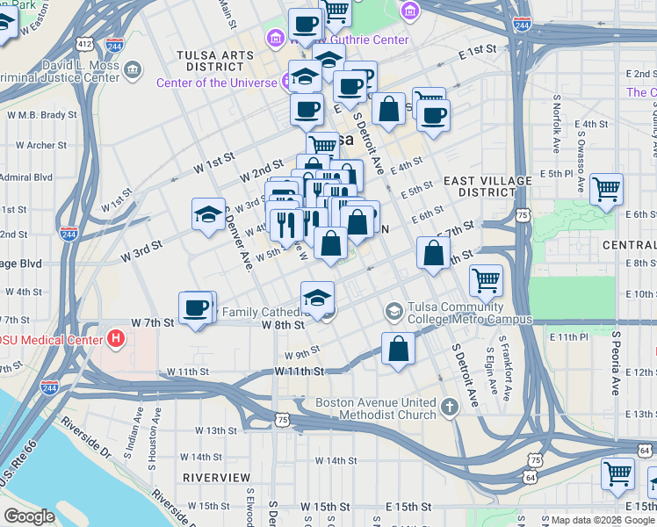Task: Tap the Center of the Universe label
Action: (x=217, y=83)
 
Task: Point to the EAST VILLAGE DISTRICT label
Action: (x=487, y=186)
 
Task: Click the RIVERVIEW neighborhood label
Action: (x=216, y=477)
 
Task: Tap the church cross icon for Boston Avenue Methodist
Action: (x=450, y=406)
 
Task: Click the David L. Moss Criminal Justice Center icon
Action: (x=133, y=69)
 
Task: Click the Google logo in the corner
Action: (x=29, y=516)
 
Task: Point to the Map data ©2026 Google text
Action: (x=602, y=520)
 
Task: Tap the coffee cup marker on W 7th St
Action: (x=195, y=307)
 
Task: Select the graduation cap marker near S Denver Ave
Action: (x=208, y=213)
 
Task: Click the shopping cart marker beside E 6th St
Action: (x=606, y=189)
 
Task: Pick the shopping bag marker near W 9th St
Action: (x=398, y=348)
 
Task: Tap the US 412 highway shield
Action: (x=84, y=43)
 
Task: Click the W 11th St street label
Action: (x=299, y=372)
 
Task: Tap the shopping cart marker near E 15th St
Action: (x=617, y=474)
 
